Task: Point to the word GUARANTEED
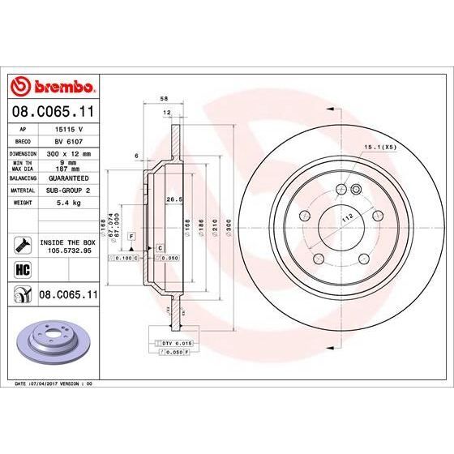pyautogui.click(x=68, y=176)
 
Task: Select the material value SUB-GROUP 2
pyautogui.click(x=68, y=188)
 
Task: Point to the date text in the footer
pyautogui.click(x=50, y=383)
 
